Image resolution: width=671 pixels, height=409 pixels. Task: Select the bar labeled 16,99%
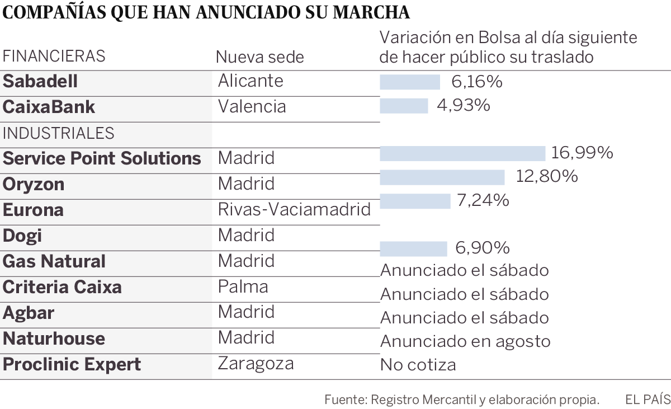(x=462, y=153)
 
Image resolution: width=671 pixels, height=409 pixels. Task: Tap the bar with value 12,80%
(x=442, y=177)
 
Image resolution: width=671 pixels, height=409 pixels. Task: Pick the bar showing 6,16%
(x=410, y=82)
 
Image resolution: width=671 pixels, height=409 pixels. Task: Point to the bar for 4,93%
(x=404, y=106)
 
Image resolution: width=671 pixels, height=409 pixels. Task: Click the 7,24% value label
(x=483, y=200)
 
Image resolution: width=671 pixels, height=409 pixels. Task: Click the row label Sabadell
(x=40, y=82)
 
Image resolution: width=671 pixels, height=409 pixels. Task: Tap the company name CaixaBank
(x=49, y=107)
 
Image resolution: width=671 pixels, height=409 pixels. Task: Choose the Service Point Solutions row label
(x=102, y=158)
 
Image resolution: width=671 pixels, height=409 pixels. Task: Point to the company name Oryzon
(x=34, y=184)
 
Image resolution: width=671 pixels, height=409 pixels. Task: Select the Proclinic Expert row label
(x=72, y=365)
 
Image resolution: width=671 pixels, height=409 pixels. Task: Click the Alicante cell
(x=251, y=81)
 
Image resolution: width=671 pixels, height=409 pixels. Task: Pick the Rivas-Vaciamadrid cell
(x=294, y=210)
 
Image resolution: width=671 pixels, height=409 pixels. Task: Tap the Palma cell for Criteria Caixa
(x=243, y=286)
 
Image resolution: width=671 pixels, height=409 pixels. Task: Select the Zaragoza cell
(x=256, y=363)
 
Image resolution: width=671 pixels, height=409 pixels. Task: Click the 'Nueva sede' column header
(x=260, y=57)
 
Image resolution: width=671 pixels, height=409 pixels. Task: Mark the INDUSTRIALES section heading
(x=59, y=133)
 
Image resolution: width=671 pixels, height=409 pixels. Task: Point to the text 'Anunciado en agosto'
(x=465, y=341)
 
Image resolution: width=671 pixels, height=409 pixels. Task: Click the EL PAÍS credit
(x=647, y=399)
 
